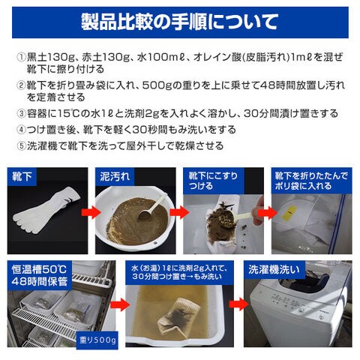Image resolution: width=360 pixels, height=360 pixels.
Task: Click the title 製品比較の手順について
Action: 180,22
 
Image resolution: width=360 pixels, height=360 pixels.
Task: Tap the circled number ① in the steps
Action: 21,57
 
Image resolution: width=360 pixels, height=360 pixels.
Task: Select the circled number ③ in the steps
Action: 21,114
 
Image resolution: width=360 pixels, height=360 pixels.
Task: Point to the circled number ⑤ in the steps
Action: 21,145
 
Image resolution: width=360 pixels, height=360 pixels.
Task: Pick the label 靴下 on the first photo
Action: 22,176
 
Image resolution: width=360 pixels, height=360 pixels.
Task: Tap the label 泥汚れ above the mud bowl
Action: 115,176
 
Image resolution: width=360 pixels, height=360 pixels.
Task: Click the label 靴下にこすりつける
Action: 213,181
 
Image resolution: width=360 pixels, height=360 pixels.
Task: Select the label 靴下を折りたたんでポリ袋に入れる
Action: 311,181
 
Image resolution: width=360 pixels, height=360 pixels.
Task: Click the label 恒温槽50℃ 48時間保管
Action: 39,275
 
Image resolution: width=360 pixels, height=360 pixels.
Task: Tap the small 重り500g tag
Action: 97,340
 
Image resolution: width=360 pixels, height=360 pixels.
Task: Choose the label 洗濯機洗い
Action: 274,269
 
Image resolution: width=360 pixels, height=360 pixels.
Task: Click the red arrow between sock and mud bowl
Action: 91,212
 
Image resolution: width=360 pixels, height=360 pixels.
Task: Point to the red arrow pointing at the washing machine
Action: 238,304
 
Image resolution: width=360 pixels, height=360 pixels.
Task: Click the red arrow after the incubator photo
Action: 120,304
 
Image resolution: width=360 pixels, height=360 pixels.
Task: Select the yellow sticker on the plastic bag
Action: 289,213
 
